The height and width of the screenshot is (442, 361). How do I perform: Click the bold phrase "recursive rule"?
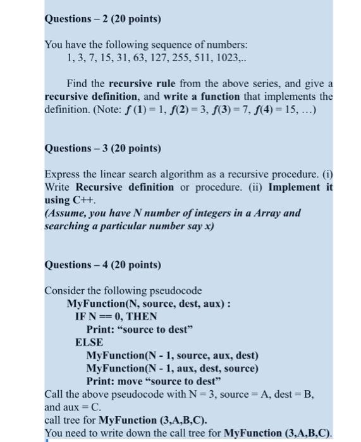pos(138,83)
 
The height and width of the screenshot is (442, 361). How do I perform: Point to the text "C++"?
pos(83,200)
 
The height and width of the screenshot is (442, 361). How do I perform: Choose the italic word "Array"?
pos(266,213)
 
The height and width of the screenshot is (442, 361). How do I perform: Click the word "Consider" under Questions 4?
pos(64,291)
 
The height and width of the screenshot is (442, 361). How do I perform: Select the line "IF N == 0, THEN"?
pos(116,316)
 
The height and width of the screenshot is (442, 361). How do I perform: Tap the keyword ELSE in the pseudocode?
pos(89,342)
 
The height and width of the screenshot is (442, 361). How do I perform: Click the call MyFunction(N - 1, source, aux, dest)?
pos(172,355)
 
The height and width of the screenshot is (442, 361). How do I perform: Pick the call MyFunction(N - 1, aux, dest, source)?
pos(172,368)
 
